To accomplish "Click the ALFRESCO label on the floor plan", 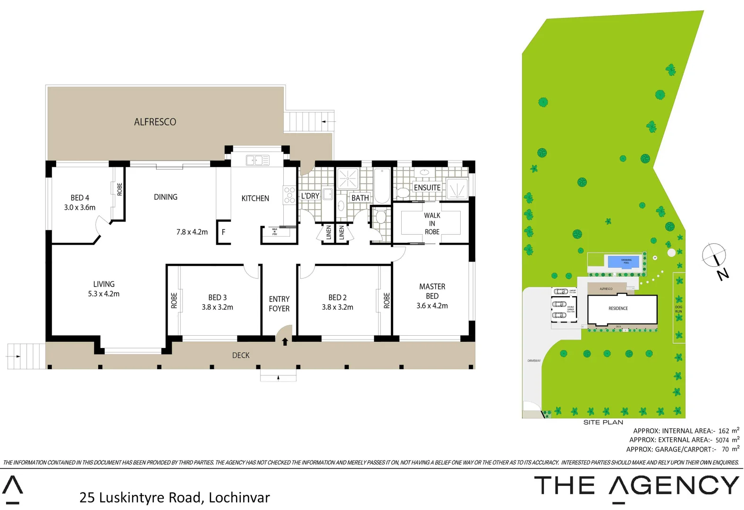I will tap(155, 122).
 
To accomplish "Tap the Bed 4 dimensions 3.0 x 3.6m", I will tap(80, 207).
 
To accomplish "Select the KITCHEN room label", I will tap(255, 198).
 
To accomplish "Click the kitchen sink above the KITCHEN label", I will tap(257, 161).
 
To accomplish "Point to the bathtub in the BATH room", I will tap(382, 186).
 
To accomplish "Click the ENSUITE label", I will tap(427, 187).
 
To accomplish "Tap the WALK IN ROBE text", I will tap(432, 223).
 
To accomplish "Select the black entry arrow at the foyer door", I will tap(285, 341).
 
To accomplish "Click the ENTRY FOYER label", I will tap(279, 304).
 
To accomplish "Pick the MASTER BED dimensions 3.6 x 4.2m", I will tap(432, 306).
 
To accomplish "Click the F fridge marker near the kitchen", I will tap(223, 232).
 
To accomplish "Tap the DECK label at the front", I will tap(241, 355).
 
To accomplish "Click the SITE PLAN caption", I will tap(603, 422).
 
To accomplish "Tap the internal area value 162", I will tap(724, 431).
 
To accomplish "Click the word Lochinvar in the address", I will tap(239, 497).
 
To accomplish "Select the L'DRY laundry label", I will tap(310, 195).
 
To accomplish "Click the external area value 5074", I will tap(722, 440).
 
